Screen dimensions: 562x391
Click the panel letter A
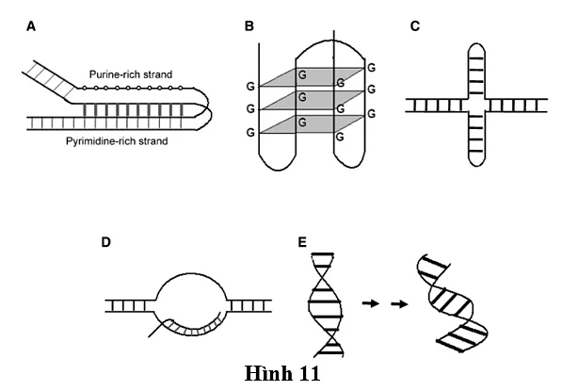[31, 26]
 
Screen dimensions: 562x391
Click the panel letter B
[249, 26]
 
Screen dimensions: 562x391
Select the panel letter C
[415, 26]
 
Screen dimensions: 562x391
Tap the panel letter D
[105, 242]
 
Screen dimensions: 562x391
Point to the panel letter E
[302, 242]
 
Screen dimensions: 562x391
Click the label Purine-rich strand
[131, 74]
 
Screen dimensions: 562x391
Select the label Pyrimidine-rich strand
[117, 141]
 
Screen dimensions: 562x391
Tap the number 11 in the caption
[308, 374]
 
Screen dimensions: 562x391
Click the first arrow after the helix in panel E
[371, 303]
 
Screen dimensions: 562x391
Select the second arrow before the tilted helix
[399, 304]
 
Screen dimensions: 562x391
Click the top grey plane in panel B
[312, 76]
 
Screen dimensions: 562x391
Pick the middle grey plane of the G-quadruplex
[312, 100]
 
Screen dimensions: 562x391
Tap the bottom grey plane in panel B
[312, 124]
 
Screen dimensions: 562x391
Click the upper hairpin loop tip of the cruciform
[476, 44]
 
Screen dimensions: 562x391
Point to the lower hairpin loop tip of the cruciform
[476, 166]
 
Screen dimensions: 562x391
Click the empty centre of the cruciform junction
[476, 106]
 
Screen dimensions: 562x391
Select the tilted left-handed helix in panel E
[452, 303]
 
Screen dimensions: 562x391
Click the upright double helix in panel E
[326, 305]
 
